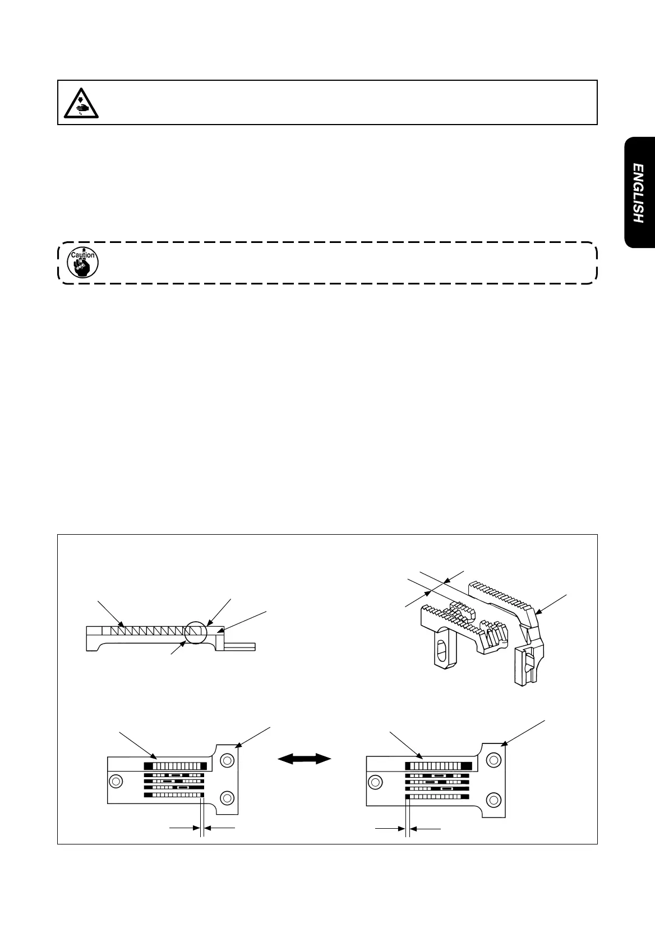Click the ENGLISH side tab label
tap(638, 193)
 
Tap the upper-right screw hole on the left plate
tap(227, 760)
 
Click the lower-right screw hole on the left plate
tap(227, 797)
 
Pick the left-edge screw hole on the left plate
tap(116, 781)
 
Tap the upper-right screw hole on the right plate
tap(493, 760)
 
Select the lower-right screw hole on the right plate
tap(493, 798)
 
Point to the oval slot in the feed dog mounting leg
tap(441, 654)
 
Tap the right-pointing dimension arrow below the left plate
tap(185, 827)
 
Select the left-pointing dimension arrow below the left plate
tap(219, 827)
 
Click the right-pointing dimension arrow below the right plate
tap(390, 828)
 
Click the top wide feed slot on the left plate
tap(176, 765)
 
